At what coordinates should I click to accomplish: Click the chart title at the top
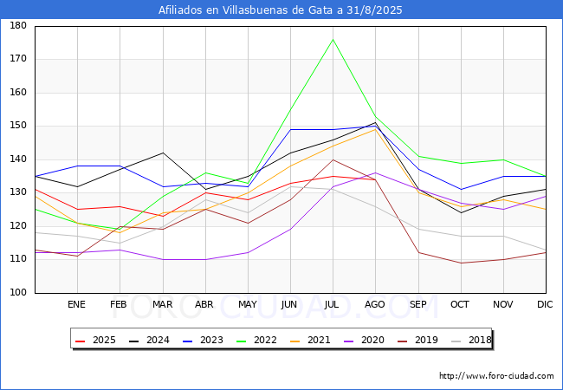pos(281,10)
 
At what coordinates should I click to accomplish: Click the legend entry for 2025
pos(95,340)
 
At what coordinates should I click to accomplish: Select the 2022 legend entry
pos(256,340)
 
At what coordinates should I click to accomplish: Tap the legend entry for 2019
pos(418,340)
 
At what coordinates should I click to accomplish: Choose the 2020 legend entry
pos(364,340)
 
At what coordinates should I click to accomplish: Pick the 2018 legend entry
pos(471,340)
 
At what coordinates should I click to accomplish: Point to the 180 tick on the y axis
pos(18,25)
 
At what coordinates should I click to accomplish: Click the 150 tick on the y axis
pos(18,126)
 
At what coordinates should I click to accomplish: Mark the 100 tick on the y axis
pos(18,292)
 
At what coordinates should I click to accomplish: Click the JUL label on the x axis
pos(332,304)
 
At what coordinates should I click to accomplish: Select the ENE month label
pos(76,304)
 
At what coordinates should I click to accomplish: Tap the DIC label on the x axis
pos(545,304)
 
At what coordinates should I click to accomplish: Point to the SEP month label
pos(418,304)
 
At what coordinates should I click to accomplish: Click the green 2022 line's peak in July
pos(333,39)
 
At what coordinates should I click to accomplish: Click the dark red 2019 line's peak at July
pos(333,159)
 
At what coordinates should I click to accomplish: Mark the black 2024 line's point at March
pos(164,153)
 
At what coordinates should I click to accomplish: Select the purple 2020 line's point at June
pos(290,229)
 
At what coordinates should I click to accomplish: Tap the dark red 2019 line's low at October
pos(461,263)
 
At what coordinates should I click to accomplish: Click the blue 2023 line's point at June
pos(290,129)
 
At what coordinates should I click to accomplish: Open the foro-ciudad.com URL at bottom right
pos(496,376)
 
